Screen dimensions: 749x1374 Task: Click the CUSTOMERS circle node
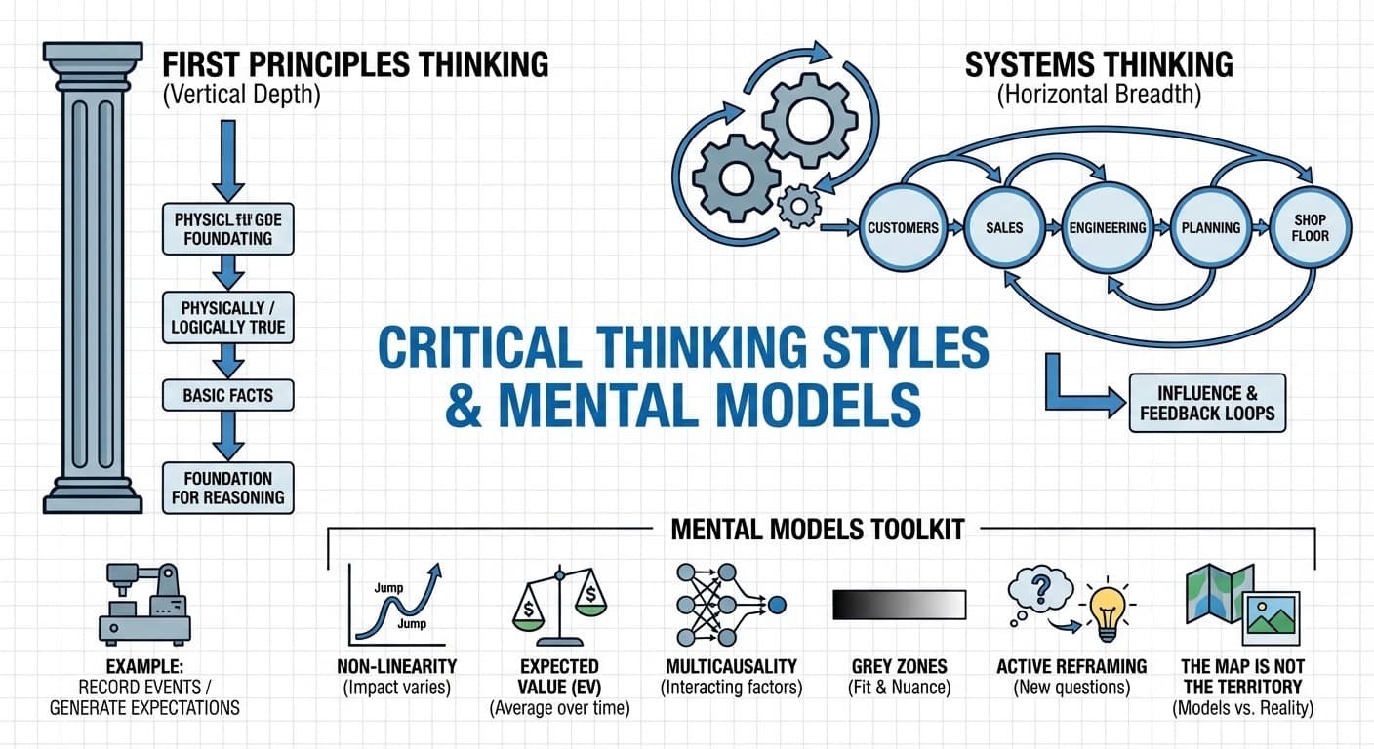pos(903,228)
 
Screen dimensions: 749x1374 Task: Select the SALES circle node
pos(1004,228)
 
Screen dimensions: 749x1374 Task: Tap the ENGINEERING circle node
pos(1108,228)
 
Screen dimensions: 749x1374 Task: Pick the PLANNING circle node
pos(1211,228)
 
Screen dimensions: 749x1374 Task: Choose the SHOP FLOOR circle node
pos(1310,228)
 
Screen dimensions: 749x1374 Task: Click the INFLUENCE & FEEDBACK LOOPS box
pos(1206,403)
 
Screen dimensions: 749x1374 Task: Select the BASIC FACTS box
pos(227,396)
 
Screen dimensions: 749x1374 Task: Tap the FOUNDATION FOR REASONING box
pos(227,488)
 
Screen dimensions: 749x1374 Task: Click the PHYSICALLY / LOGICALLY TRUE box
pos(227,317)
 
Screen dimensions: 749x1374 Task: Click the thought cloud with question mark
pos(1038,589)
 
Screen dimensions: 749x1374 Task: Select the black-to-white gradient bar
pos(898,605)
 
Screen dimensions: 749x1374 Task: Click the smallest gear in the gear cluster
pos(800,205)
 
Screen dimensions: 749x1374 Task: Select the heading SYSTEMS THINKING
pos(1099,65)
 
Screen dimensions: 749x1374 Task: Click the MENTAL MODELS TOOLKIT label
pos(818,530)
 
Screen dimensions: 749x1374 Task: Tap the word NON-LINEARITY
pos(396,667)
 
